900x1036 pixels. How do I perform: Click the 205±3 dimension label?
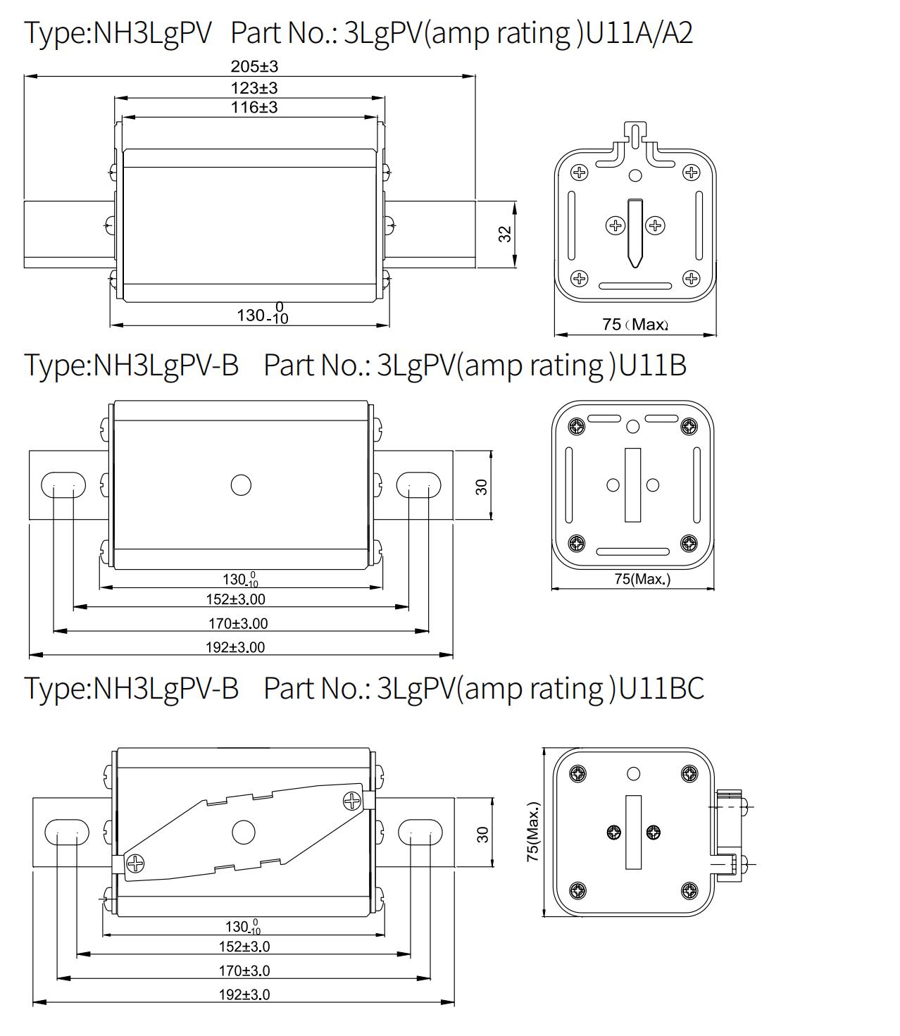(254, 66)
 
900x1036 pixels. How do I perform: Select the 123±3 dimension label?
(254, 88)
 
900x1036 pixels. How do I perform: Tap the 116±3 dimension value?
(254, 107)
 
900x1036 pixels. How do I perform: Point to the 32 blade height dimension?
(505, 234)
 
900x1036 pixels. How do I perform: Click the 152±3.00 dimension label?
(235, 599)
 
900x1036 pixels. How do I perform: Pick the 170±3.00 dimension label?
(238, 623)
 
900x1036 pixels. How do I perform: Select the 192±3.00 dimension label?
(235, 647)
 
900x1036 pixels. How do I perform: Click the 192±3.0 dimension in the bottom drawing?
(244, 994)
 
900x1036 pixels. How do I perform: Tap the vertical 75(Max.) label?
(533, 831)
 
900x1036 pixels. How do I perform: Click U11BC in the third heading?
(661, 689)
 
